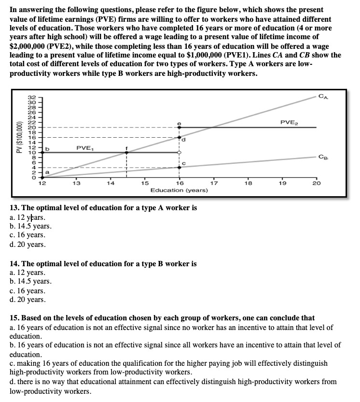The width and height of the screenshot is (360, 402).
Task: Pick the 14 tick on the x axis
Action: pos(111,183)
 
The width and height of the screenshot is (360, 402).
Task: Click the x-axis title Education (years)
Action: pos(179,190)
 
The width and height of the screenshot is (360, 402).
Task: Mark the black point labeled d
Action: pos(180,138)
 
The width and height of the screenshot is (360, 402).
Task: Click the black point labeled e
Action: pos(180,128)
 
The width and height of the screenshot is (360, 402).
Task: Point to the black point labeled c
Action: pos(180,167)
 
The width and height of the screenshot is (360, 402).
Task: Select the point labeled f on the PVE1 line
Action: pos(126,152)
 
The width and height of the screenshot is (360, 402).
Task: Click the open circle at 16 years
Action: pos(180,152)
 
